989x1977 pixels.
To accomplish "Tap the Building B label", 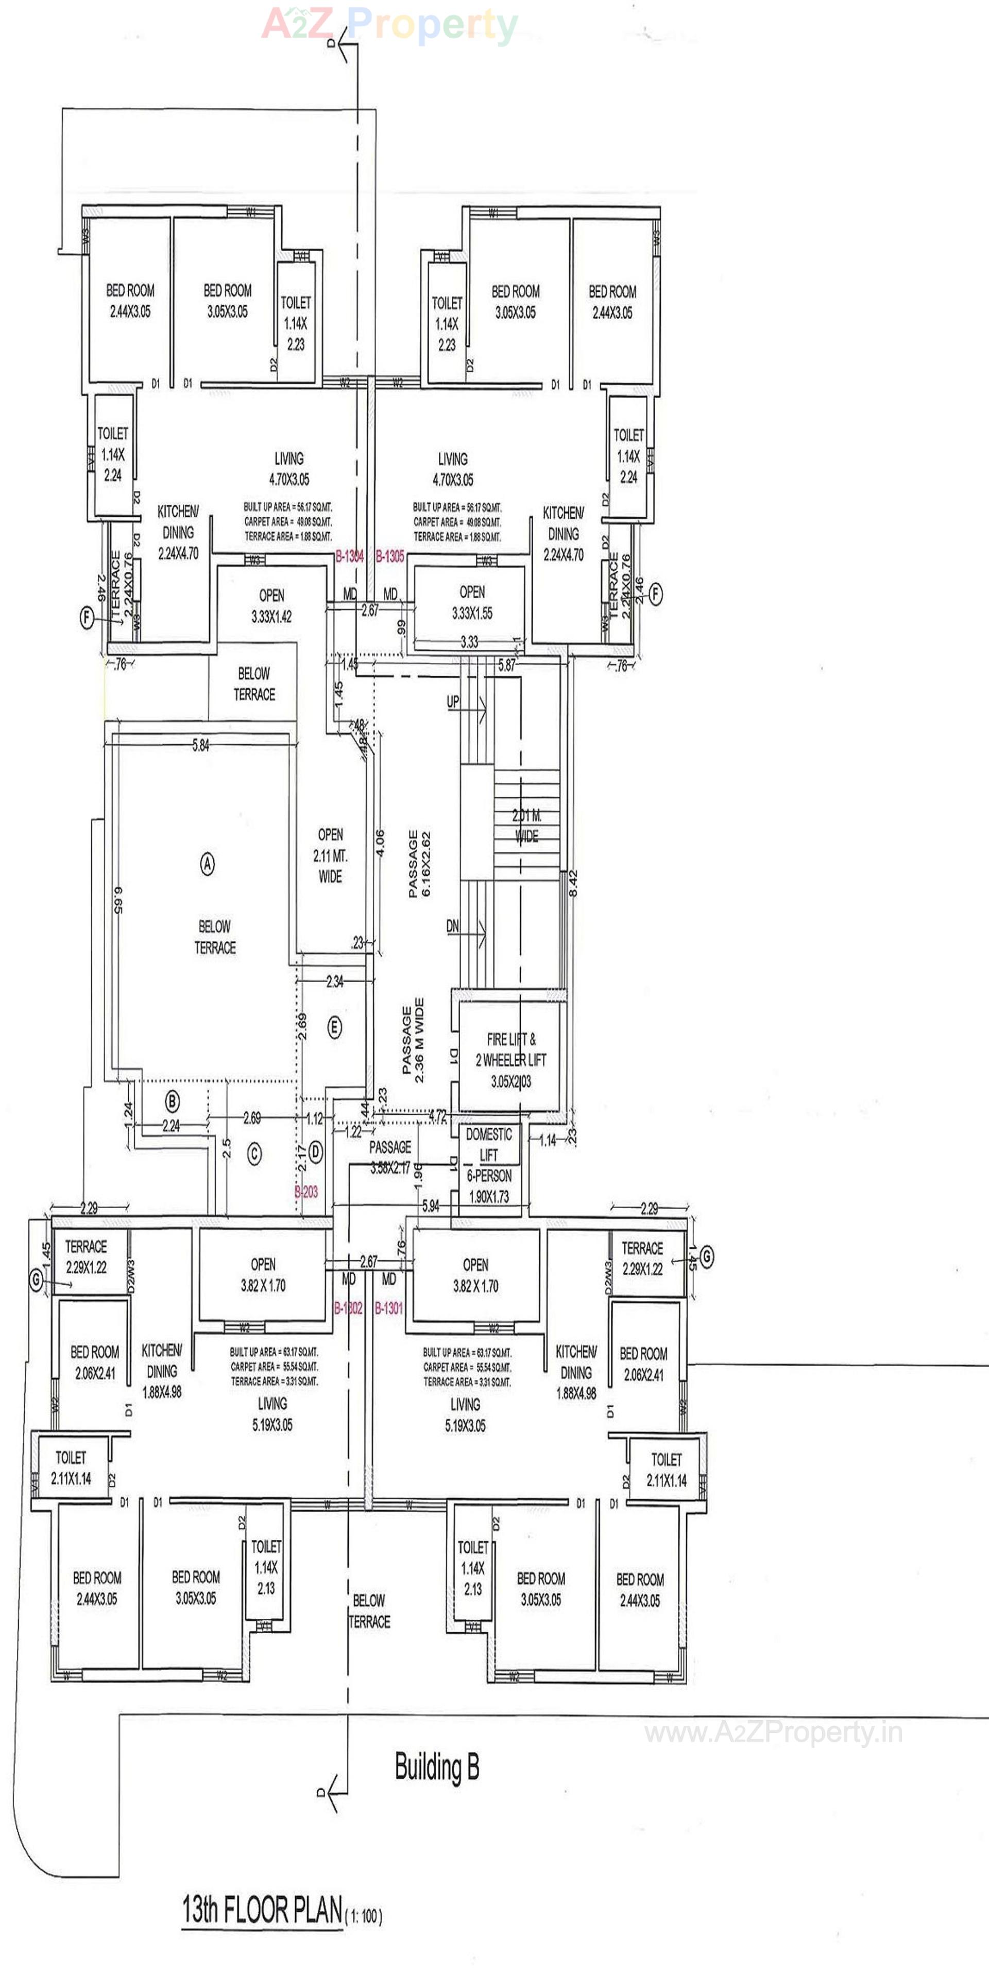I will (x=436, y=1766).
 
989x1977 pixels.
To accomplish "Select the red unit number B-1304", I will (x=349, y=556).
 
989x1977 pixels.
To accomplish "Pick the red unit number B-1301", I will (x=388, y=1308).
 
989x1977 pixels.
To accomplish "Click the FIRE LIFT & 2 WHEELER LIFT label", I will (x=510, y=1060).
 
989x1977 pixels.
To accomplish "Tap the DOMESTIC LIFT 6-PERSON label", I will (x=489, y=1165).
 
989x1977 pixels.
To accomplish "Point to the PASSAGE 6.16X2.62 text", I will (x=419, y=863).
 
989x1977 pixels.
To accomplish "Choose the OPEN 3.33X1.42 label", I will (x=271, y=605).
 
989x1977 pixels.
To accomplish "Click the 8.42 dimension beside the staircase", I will (x=573, y=883).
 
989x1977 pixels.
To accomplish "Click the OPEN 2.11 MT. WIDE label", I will (x=330, y=855).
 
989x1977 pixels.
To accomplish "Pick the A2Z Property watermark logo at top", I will (x=389, y=25).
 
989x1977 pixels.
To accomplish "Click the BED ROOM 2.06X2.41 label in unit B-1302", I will (x=94, y=1362).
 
